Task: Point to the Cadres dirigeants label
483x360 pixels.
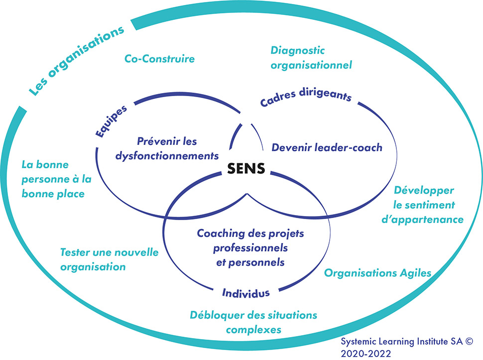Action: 306,98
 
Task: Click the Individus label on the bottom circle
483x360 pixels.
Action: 246,292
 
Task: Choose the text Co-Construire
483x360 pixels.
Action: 159,59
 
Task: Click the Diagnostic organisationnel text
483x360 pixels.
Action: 311,58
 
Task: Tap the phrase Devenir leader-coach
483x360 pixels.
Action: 327,147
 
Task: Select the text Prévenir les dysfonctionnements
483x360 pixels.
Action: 167,148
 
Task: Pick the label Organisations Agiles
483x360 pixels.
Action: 377,273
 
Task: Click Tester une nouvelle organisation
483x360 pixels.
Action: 109,259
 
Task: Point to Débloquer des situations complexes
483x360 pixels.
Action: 253,322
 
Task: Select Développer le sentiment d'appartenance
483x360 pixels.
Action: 429,205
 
